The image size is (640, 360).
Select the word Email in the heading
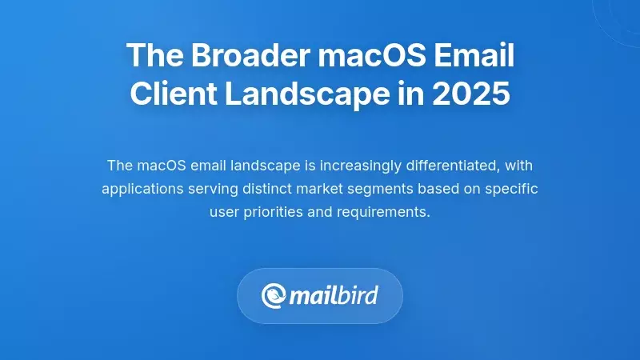(x=476, y=56)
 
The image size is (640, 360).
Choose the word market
(x=327, y=190)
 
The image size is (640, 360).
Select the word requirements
(x=383, y=214)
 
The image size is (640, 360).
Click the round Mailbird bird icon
(x=274, y=296)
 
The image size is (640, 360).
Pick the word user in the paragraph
(x=224, y=214)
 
